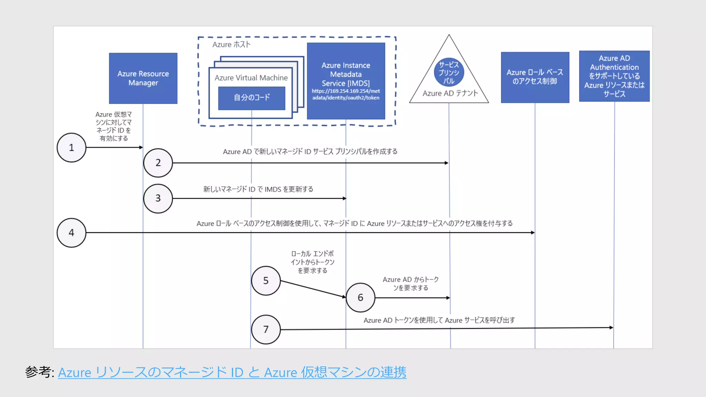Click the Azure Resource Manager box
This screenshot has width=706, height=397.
click(x=143, y=78)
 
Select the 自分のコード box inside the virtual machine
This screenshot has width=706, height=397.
click(x=252, y=98)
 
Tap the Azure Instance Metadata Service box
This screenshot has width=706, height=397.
click(x=346, y=74)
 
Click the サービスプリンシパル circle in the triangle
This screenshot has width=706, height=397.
click(x=449, y=72)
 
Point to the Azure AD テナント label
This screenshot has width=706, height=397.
click(x=450, y=93)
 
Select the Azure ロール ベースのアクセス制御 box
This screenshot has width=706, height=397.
click(x=535, y=77)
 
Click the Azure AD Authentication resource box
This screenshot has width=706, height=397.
click(x=614, y=76)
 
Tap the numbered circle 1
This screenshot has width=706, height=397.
click(x=71, y=147)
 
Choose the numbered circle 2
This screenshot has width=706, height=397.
click(x=158, y=163)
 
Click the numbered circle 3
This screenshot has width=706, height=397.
click(x=158, y=198)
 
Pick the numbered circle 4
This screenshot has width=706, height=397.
click(x=71, y=233)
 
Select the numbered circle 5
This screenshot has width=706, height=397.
click(x=266, y=281)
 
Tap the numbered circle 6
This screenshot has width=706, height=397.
click(x=360, y=297)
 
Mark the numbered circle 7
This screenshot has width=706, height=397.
click(x=266, y=329)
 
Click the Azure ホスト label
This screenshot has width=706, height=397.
click(x=231, y=44)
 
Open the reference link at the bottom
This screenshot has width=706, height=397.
click(x=232, y=373)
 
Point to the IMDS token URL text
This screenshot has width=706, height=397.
click(x=346, y=94)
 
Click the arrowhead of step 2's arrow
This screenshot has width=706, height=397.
click(x=446, y=163)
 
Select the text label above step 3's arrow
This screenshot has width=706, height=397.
click(x=258, y=189)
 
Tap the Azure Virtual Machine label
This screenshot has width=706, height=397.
click(x=251, y=78)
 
